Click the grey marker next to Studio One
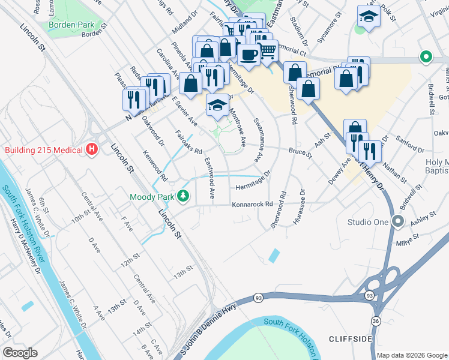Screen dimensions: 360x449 click(397, 222)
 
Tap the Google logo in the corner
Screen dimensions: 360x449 click(20, 353)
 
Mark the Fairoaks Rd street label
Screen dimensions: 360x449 click(188, 142)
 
